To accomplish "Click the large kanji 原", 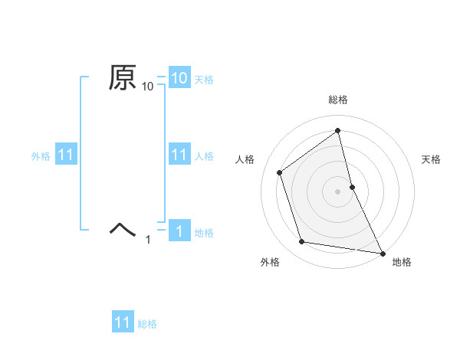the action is coord(123,78).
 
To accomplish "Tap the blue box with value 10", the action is coord(179,77).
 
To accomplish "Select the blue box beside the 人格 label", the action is coord(179,155).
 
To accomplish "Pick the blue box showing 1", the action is coord(179,231).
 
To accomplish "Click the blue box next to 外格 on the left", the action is coord(65,155).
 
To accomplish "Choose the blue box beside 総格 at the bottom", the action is coord(123,322).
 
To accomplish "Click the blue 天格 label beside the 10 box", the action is coord(204,79).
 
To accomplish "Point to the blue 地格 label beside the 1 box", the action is coord(204,233).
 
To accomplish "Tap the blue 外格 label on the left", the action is coord(41,156).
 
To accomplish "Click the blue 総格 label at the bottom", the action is coord(147,324).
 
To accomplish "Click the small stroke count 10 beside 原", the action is coord(148,87).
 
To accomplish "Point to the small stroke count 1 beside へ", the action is coord(148,241).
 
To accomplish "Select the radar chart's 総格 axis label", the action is coord(338,100).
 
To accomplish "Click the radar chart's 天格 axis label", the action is coord(432,159).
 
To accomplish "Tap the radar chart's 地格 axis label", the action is coord(402,262).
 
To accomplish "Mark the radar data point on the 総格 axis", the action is coord(338,131).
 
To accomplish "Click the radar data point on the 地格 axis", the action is coord(383,252).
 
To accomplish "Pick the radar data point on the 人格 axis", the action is coord(279,172).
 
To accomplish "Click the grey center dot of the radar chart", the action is coord(338,191).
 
